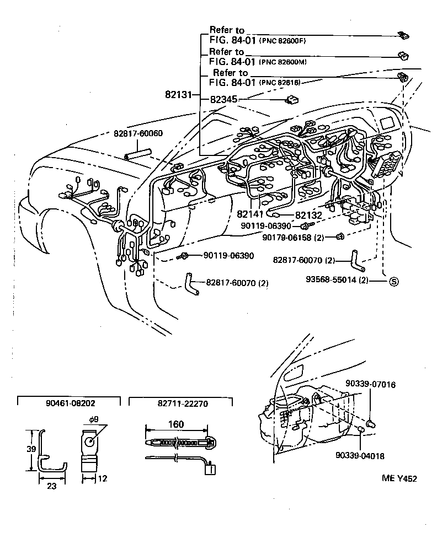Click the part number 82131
177,95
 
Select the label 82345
224,99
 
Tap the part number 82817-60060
138,134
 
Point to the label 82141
250,214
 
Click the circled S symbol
394,280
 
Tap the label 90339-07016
370,384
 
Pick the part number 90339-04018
359,455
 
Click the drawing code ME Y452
399,478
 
